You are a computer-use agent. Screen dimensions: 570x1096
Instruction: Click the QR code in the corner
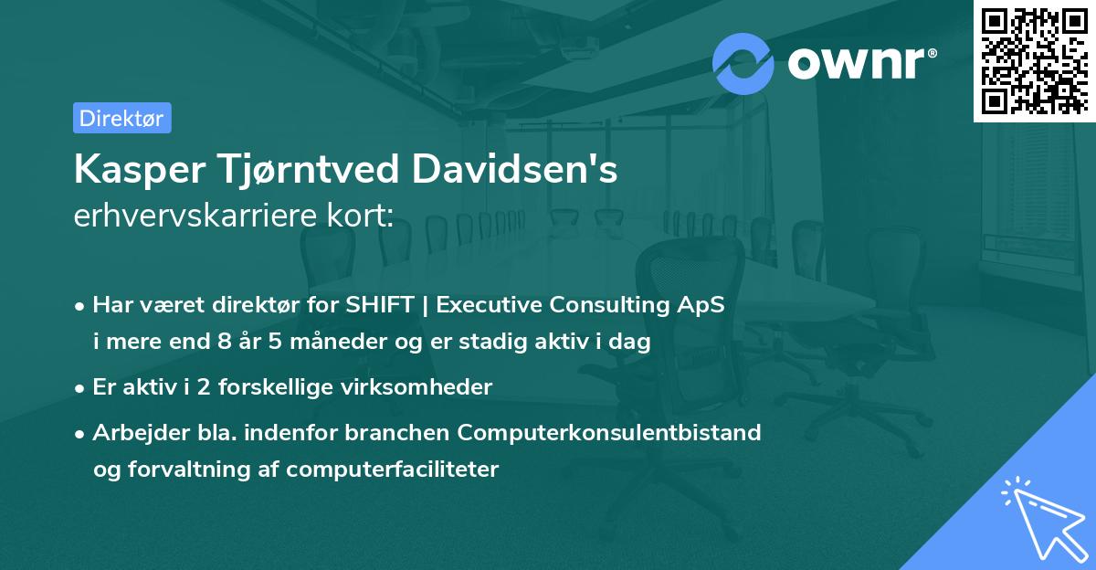click(x=1034, y=61)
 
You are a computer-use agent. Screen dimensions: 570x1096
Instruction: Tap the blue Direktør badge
click(x=121, y=118)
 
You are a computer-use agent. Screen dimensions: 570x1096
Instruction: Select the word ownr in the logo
click(x=860, y=63)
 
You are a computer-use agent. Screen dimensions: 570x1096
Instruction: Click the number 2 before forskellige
click(x=193, y=387)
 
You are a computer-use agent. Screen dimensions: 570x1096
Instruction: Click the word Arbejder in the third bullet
click(x=132, y=432)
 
